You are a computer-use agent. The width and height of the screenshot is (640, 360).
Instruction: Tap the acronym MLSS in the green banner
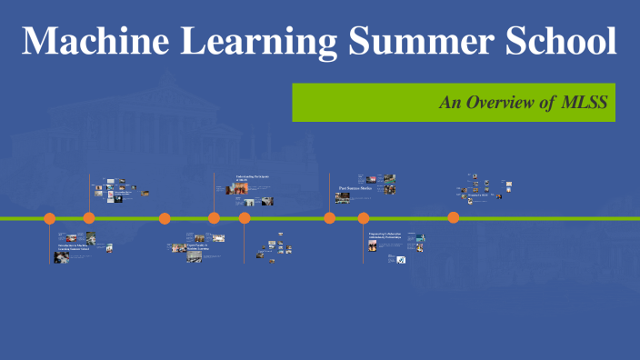point(588,103)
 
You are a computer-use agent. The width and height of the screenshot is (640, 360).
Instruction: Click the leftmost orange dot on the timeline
point(50,218)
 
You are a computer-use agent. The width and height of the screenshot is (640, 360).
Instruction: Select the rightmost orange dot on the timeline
point(453,217)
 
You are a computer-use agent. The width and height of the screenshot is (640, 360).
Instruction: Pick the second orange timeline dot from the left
point(89,217)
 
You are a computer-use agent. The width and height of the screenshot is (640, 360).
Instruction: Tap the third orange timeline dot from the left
point(165,218)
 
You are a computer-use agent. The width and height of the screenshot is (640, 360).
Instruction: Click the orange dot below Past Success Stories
point(329,217)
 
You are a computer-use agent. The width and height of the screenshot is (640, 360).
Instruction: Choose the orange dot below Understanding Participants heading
point(214,217)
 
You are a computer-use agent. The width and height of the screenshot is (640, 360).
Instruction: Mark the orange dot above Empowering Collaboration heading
point(364,218)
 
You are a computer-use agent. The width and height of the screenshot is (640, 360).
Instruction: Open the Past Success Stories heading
point(356,189)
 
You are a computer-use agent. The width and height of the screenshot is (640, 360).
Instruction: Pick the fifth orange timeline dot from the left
point(245,218)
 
